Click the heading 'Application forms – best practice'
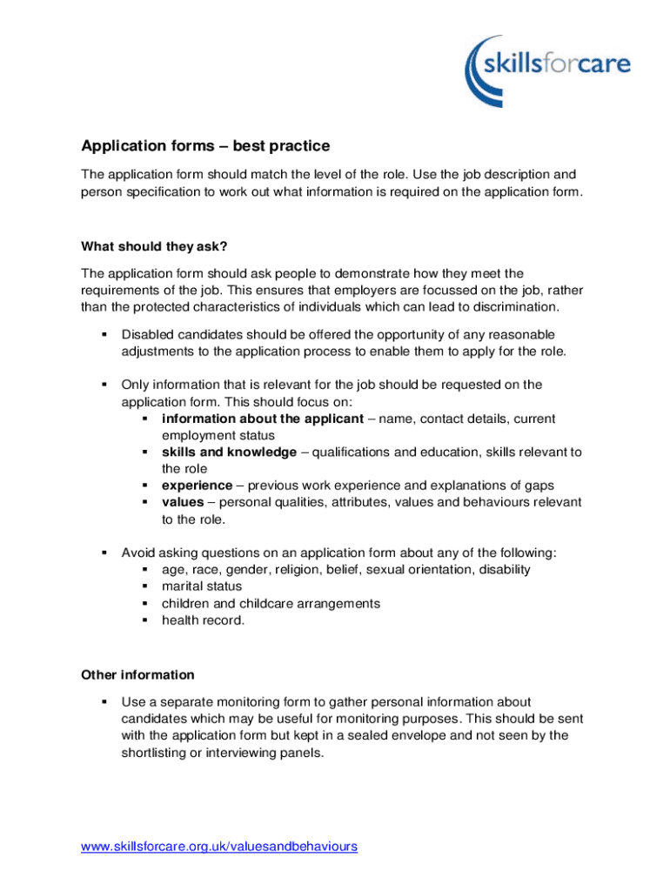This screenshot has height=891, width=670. click(205, 146)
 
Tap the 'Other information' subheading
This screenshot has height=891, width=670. click(137, 675)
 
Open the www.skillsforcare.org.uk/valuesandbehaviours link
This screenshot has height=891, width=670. click(219, 847)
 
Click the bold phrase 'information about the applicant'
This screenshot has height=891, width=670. click(262, 419)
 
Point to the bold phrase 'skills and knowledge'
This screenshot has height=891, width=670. click(229, 452)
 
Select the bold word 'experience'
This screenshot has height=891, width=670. click(197, 486)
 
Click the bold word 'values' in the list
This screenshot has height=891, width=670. click(183, 503)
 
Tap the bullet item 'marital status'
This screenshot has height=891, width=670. click(202, 586)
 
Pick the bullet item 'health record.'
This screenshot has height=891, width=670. click(203, 620)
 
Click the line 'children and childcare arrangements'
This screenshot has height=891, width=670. click(271, 604)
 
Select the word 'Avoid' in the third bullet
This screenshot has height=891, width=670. click(138, 553)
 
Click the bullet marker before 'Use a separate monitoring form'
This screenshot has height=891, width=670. click(104, 701)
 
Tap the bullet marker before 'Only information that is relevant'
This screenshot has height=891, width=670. click(104, 385)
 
